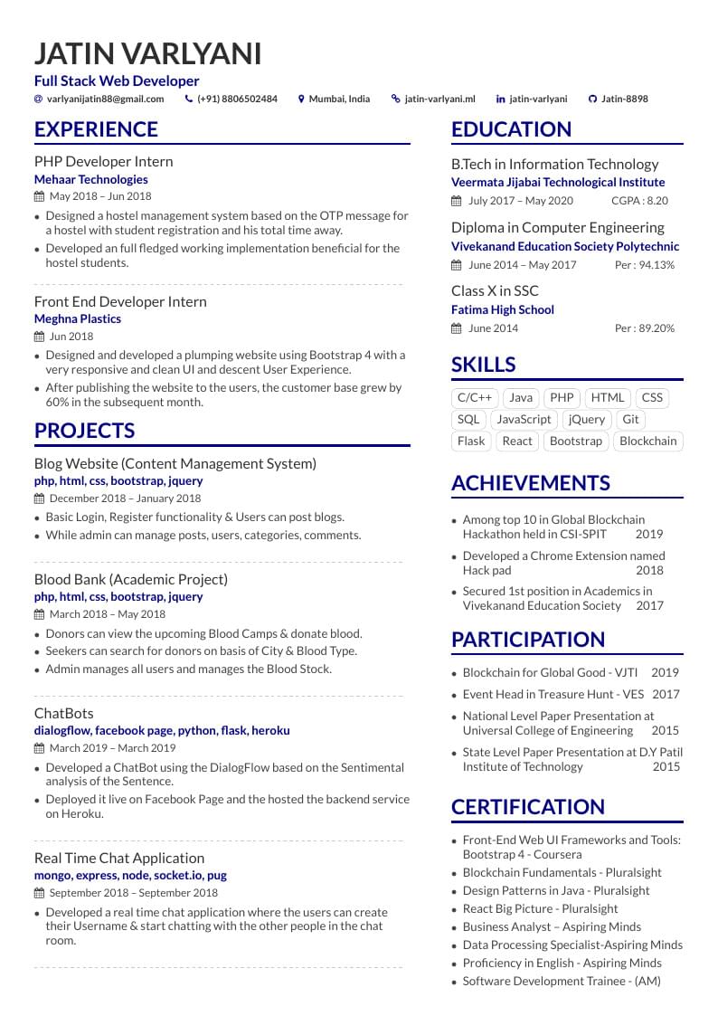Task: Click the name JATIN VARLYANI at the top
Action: tap(147, 54)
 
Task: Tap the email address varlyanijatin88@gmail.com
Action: tap(105, 100)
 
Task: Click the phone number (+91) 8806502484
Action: tap(237, 100)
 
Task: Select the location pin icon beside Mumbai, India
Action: tap(301, 100)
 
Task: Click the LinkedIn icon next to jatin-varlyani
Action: tap(501, 100)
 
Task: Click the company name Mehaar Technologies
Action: tap(90, 179)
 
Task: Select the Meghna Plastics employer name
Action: tap(77, 318)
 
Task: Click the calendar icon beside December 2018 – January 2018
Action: tap(39, 499)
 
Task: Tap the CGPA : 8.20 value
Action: tap(639, 201)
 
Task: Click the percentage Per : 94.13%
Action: tap(644, 265)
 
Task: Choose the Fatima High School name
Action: tap(502, 309)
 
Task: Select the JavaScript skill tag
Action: tap(524, 420)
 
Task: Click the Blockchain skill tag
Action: tap(647, 442)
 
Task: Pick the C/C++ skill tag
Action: tap(475, 397)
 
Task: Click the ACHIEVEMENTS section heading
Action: tap(530, 483)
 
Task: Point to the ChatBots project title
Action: tap(63, 713)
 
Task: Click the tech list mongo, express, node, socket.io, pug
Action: tap(130, 875)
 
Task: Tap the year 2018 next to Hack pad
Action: tap(649, 571)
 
